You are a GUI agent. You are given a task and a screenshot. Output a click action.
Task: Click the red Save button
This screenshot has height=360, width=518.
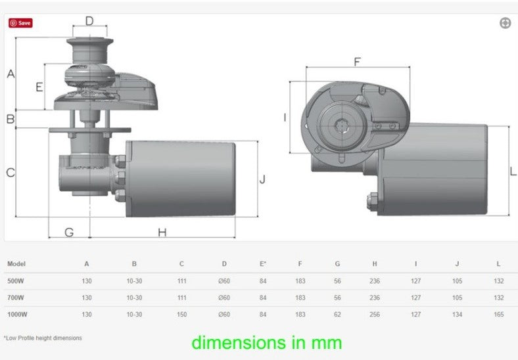pyautogui.click(x=20, y=23)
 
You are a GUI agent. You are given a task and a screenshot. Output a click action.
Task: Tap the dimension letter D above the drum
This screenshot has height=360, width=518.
pyautogui.click(x=89, y=21)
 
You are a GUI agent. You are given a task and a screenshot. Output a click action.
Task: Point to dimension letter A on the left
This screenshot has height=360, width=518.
pyautogui.click(x=11, y=74)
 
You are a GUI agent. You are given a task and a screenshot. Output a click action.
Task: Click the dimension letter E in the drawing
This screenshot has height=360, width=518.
pyautogui.click(x=39, y=87)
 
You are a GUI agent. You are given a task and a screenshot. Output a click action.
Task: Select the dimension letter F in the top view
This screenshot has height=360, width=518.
pyautogui.click(x=357, y=62)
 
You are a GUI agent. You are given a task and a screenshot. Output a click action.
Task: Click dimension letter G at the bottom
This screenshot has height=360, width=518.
pyautogui.click(x=69, y=233)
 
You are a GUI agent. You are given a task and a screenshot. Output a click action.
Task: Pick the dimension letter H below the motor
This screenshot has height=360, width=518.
pyautogui.click(x=162, y=233)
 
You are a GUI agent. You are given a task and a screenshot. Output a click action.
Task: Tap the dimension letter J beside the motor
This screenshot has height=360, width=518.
pyautogui.click(x=262, y=179)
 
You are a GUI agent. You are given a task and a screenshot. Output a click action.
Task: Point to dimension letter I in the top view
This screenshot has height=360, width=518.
pyautogui.click(x=285, y=117)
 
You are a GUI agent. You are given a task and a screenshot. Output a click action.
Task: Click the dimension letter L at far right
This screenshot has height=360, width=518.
pyautogui.click(x=513, y=171)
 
